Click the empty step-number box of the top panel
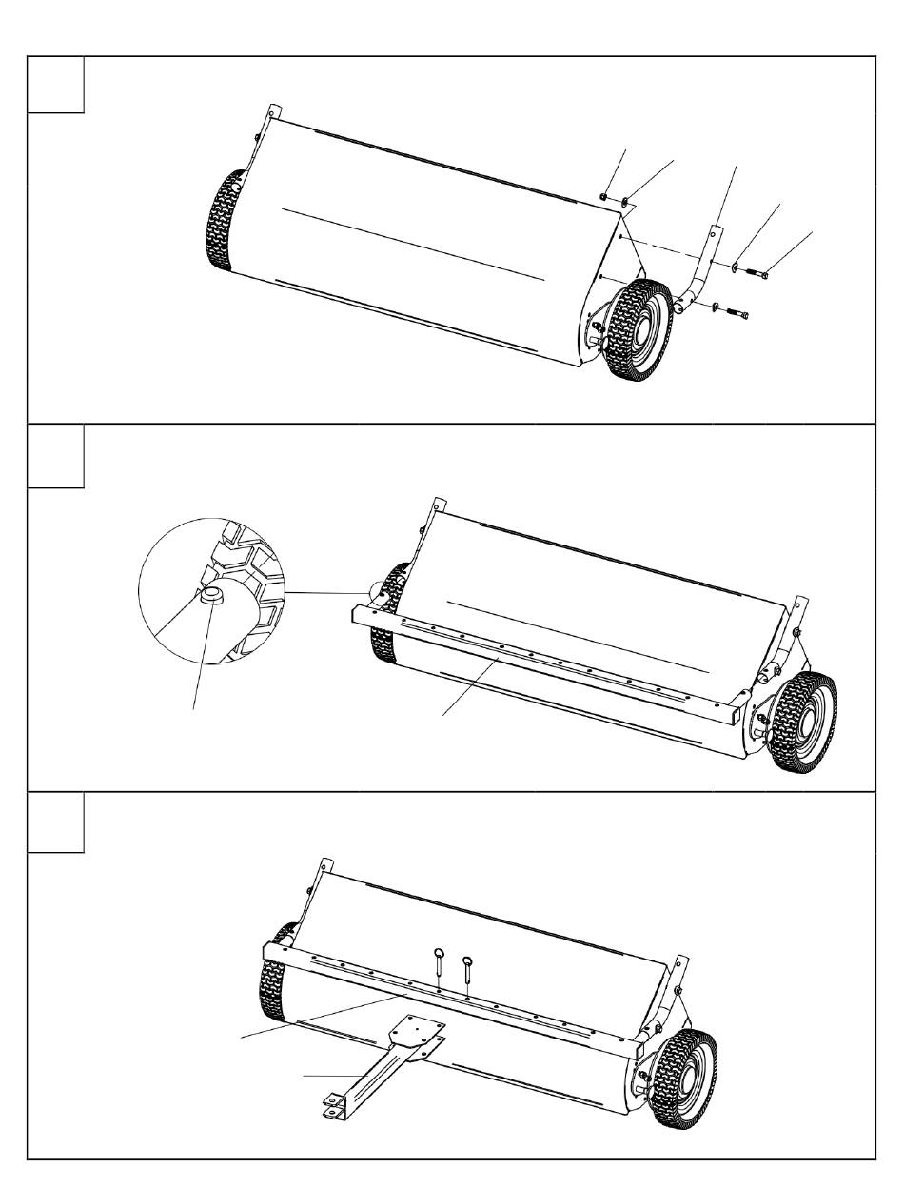point(56,85)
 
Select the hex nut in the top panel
point(605,197)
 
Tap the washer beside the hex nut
point(624,202)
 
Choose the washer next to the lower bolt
point(714,306)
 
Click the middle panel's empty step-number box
point(56,456)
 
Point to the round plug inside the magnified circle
point(211,598)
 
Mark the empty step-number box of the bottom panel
point(56,823)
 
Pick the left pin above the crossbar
point(439,961)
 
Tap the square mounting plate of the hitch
point(417,1034)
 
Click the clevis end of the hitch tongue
point(334,1107)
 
